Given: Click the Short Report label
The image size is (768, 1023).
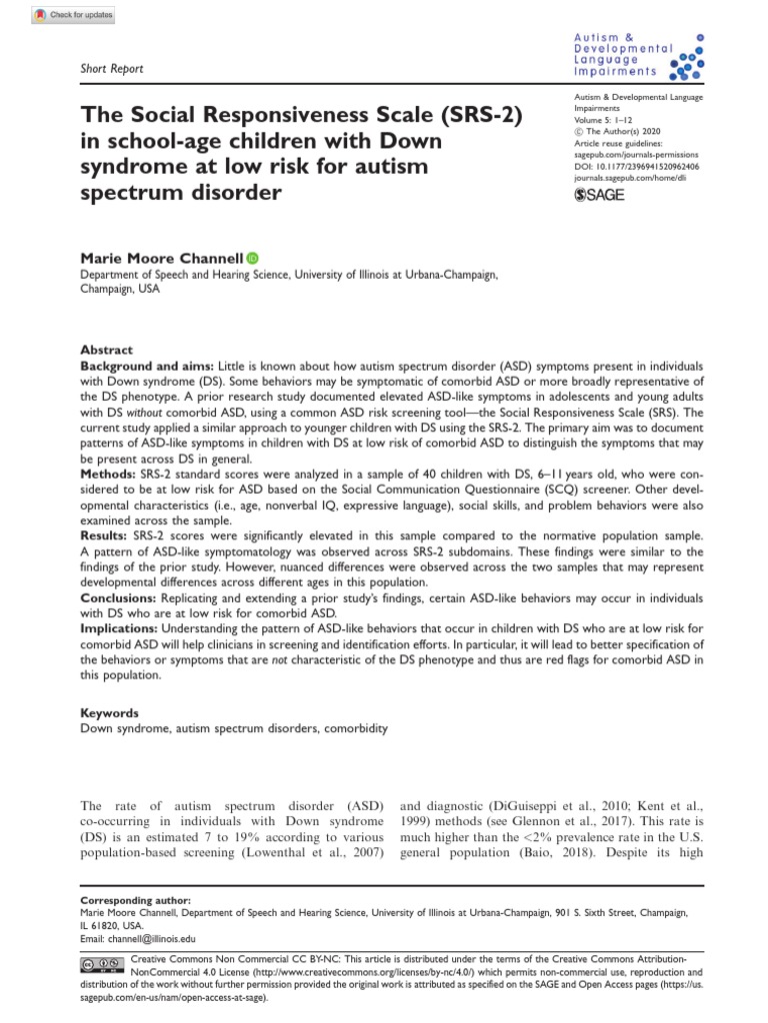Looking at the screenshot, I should tap(112, 69).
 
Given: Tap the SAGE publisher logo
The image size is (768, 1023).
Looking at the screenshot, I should tap(600, 195).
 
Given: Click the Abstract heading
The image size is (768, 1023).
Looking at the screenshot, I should tap(106, 351).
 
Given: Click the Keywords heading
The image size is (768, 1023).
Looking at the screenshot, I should tap(109, 713).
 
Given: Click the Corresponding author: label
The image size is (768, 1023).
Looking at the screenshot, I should tap(126, 900).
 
